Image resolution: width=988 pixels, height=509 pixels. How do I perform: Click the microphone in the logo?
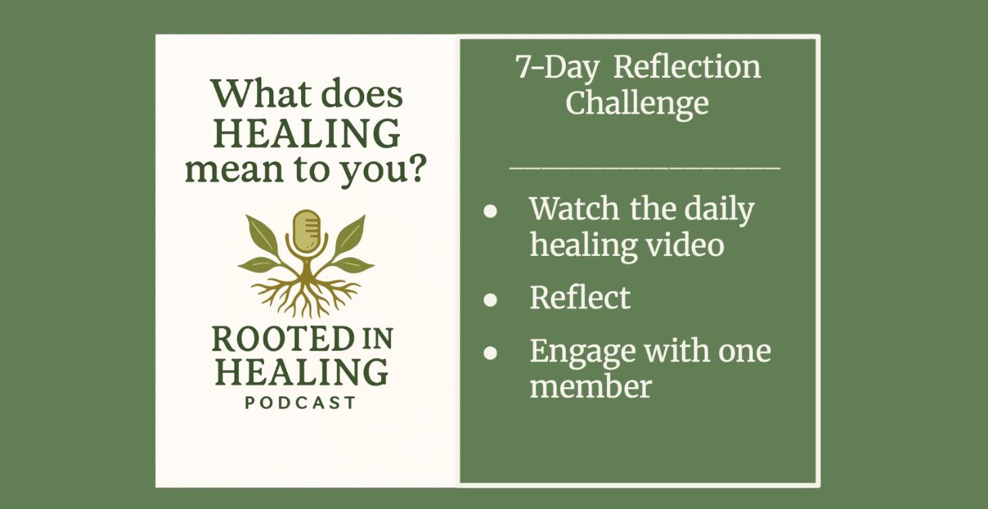[x=306, y=231]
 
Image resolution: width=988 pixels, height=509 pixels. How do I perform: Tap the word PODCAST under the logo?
[x=300, y=403]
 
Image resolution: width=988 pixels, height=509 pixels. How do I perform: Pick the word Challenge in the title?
[x=637, y=104]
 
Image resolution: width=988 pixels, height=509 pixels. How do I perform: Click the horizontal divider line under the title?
[x=644, y=166]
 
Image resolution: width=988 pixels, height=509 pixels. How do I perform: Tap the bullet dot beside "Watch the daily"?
[x=491, y=211]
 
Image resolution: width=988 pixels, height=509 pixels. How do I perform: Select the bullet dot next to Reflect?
[x=491, y=299]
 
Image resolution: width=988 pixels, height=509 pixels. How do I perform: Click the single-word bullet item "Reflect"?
[x=580, y=298]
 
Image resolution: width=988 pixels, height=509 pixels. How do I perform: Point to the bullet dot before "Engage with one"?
[x=491, y=353]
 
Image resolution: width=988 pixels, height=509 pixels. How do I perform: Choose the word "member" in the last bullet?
[x=590, y=386]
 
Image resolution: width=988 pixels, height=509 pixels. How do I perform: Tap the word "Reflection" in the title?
[x=688, y=67]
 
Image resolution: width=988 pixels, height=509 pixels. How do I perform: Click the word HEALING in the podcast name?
[x=302, y=372]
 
